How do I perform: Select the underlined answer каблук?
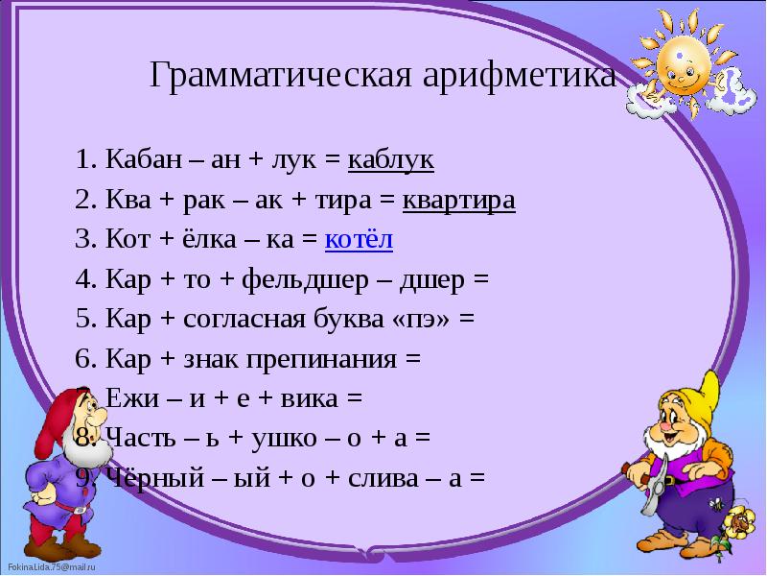click(x=390, y=160)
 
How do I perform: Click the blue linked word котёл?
click(x=359, y=240)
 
